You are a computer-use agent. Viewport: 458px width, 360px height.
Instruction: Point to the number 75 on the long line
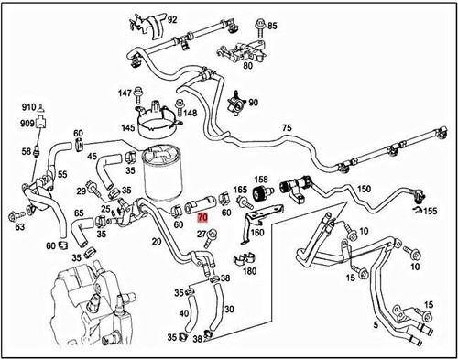point(287,129)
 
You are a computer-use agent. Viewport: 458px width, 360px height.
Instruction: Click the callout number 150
point(365,189)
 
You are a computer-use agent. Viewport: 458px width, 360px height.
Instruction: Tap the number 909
point(28,123)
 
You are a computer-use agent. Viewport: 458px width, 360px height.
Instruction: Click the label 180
point(248,270)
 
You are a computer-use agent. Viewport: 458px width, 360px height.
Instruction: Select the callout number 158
point(261,180)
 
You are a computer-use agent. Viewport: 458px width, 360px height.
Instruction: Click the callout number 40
point(184,314)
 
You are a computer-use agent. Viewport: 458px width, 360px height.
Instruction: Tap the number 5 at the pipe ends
point(375,324)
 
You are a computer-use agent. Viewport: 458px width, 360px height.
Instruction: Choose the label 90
point(253,103)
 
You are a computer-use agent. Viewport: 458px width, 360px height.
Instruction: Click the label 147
point(125,93)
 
